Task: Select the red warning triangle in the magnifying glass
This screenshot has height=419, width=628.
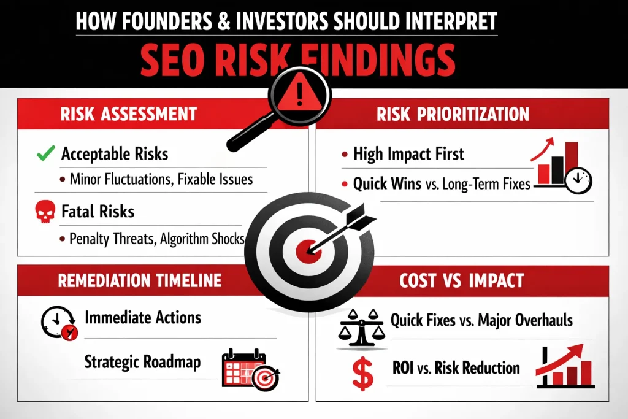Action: point(299,95)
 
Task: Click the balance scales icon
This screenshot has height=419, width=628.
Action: point(362,325)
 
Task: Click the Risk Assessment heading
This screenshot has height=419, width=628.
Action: point(129,114)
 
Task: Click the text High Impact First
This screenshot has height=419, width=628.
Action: point(410,153)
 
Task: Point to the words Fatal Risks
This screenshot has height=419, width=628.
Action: point(98,212)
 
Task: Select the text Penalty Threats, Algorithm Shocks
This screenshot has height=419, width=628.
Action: point(157,239)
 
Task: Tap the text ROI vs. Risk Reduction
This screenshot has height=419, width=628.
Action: point(456,368)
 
